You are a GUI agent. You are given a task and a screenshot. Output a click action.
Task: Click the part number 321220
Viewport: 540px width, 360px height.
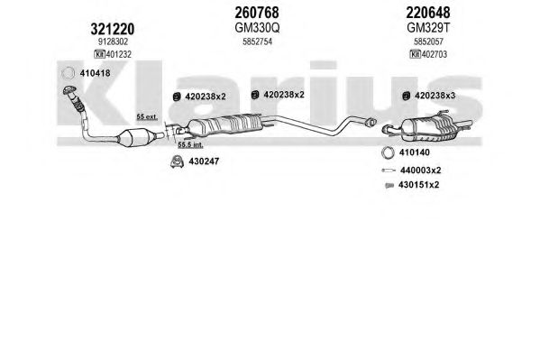pos(113,29)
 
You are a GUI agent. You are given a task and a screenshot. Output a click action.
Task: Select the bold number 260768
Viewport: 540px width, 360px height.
pos(257,13)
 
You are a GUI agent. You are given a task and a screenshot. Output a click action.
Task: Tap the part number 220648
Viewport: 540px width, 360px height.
pos(427,13)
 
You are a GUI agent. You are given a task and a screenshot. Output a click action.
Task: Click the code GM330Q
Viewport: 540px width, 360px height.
pos(257,28)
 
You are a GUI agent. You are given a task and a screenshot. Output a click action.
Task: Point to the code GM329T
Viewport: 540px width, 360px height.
pos(428,28)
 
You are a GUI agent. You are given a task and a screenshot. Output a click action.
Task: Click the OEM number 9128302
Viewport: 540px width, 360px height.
pos(113,42)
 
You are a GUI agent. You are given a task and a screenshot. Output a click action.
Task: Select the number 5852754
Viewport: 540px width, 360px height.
pos(257,42)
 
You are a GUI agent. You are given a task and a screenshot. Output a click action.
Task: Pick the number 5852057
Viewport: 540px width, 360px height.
pos(428,42)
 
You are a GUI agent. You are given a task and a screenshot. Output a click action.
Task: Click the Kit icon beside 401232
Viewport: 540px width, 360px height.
pos(99,54)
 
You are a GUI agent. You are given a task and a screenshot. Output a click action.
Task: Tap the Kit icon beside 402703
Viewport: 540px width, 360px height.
pos(416,54)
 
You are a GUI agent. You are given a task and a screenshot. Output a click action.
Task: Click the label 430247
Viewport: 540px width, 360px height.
pos(204,162)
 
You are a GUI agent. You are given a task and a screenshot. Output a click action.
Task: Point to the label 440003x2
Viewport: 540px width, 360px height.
pos(420,171)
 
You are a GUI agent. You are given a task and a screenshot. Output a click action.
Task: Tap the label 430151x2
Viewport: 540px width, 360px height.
pos(419,185)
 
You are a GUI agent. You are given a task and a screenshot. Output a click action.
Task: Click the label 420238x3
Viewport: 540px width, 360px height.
pos(435,96)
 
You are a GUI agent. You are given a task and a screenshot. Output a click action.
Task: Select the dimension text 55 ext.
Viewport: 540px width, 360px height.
pos(147,117)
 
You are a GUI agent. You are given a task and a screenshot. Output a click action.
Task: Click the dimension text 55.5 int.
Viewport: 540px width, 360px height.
pos(190,145)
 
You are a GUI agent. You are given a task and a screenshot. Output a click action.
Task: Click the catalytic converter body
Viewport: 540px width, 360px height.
pos(132,137)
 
